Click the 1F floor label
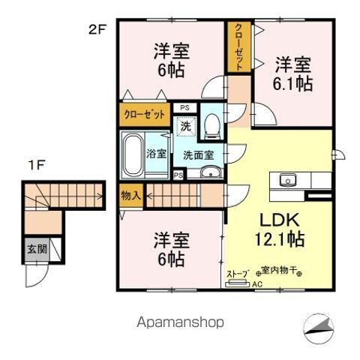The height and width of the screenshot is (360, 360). click(37, 163)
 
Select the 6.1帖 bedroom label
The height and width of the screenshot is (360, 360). click(292, 74)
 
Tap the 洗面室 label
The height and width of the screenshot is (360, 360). click(199, 156)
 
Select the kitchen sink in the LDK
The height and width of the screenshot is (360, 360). click(288, 180)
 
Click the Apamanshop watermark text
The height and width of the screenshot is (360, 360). click(180, 322)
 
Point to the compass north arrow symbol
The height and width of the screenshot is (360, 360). click(323, 326)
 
